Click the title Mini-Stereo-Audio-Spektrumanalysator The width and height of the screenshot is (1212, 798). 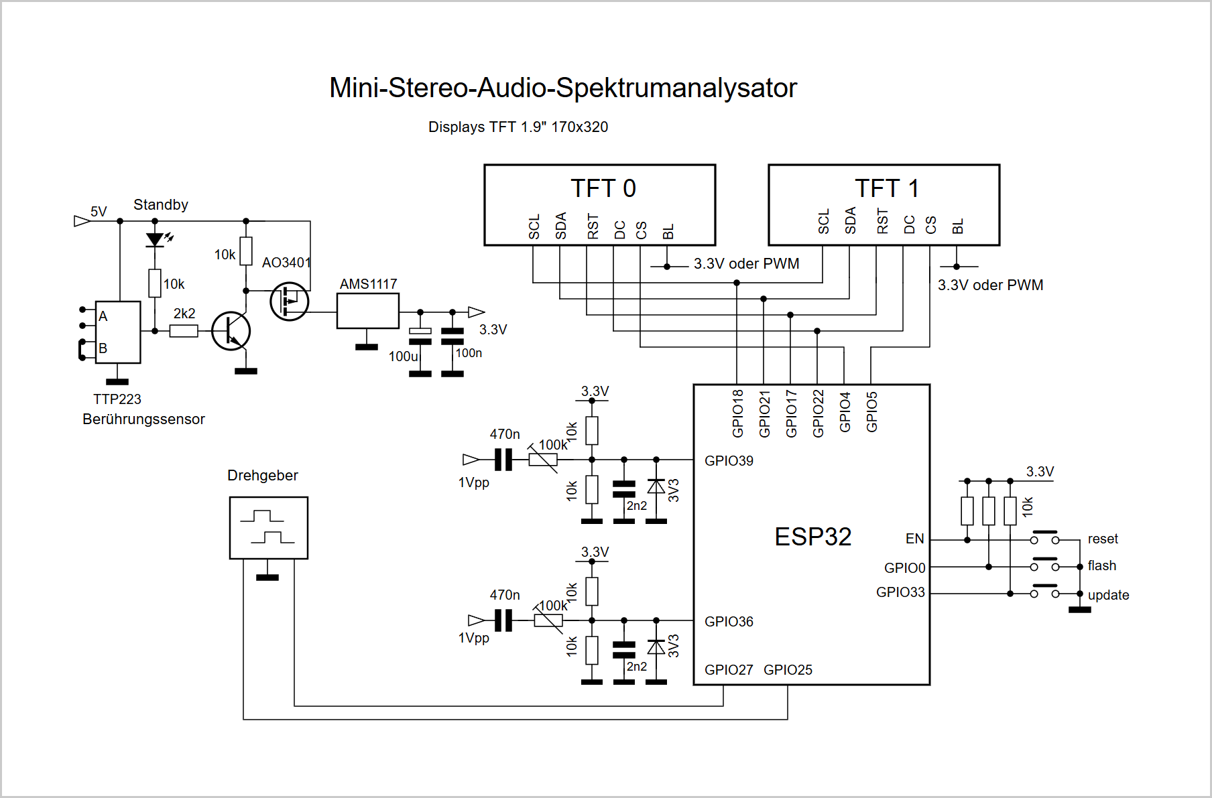[563, 88]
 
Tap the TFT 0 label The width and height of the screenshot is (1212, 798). [603, 188]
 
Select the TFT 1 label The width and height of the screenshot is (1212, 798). [887, 188]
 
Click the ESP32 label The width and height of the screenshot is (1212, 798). [813, 537]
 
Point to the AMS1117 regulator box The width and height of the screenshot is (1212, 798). [368, 311]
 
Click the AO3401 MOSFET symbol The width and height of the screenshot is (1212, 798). [290, 302]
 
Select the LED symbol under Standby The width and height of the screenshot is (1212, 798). [155, 239]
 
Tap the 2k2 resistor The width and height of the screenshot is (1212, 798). [184, 330]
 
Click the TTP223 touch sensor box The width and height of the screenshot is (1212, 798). [118, 332]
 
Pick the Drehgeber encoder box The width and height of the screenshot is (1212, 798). [269, 528]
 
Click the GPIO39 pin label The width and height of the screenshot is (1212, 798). [729, 461]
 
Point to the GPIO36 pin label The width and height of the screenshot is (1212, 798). [729, 622]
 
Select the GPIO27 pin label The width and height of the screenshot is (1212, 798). [729, 670]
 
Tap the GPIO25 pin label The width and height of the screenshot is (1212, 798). [788, 670]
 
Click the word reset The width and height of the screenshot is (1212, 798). [1103, 539]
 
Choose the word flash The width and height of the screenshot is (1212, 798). [1102, 566]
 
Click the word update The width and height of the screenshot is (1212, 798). [1108, 595]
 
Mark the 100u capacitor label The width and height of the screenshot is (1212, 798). [404, 356]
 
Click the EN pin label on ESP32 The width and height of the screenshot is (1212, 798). [914, 539]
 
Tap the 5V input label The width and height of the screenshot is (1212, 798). [99, 212]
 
